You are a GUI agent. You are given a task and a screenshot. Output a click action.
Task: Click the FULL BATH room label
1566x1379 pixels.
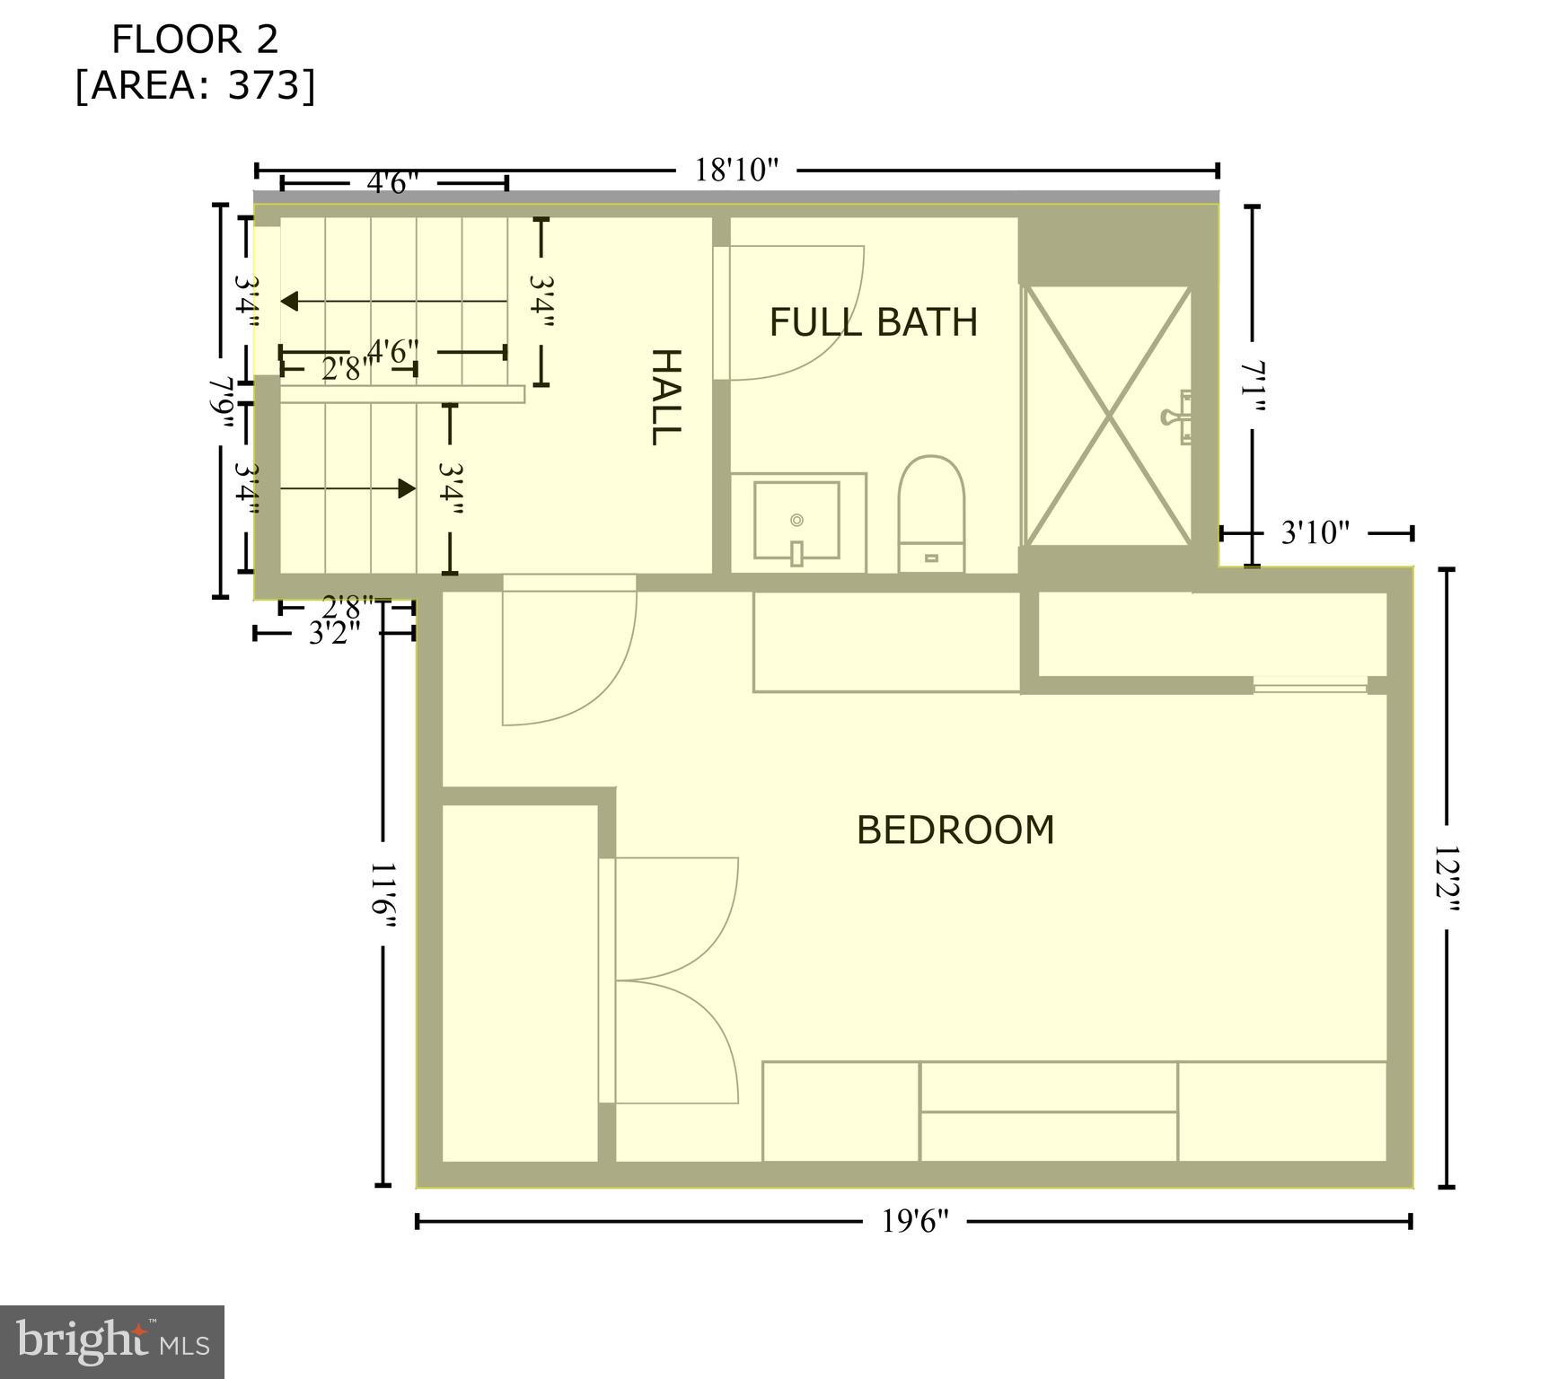(x=873, y=322)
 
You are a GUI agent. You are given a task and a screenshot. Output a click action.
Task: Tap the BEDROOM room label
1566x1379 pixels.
(x=955, y=830)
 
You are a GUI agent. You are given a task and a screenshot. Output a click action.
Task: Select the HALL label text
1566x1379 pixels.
(x=665, y=397)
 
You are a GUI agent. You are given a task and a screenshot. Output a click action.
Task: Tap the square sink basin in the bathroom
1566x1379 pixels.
(x=796, y=521)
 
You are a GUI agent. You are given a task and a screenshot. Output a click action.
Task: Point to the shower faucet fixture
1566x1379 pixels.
(x=1177, y=417)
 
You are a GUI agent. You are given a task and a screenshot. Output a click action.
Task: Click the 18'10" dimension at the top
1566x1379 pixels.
(x=736, y=170)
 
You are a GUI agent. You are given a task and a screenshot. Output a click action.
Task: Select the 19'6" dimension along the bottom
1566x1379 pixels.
(x=914, y=1221)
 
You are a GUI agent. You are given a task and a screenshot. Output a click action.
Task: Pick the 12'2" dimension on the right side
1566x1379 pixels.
(x=1447, y=879)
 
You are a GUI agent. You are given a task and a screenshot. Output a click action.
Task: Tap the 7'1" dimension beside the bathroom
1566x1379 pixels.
(x=1254, y=387)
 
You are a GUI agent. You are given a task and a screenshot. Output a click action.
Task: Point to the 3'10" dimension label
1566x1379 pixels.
(x=1315, y=533)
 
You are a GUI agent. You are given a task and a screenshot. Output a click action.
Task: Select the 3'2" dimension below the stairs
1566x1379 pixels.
(x=334, y=634)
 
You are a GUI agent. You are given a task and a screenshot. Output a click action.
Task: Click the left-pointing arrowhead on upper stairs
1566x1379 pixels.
(x=289, y=302)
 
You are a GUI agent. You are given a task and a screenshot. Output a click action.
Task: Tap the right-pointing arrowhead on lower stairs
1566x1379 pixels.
(x=407, y=488)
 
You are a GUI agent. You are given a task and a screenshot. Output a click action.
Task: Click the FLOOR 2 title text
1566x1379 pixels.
(x=195, y=40)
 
